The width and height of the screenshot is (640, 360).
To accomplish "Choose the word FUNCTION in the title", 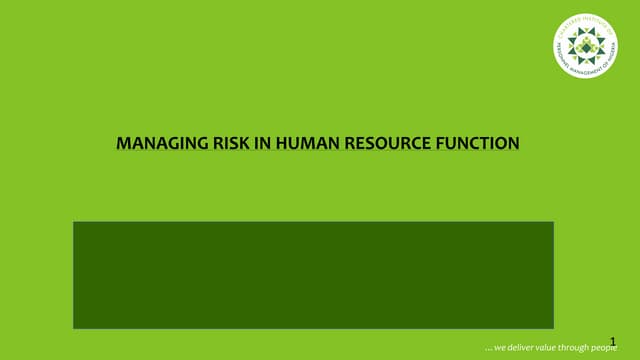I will click(x=478, y=144).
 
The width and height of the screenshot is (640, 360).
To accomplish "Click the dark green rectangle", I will click(x=313, y=275).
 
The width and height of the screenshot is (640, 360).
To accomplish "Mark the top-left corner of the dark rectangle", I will click(x=74, y=222).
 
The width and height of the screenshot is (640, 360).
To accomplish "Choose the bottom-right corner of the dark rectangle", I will click(x=553, y=328).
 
